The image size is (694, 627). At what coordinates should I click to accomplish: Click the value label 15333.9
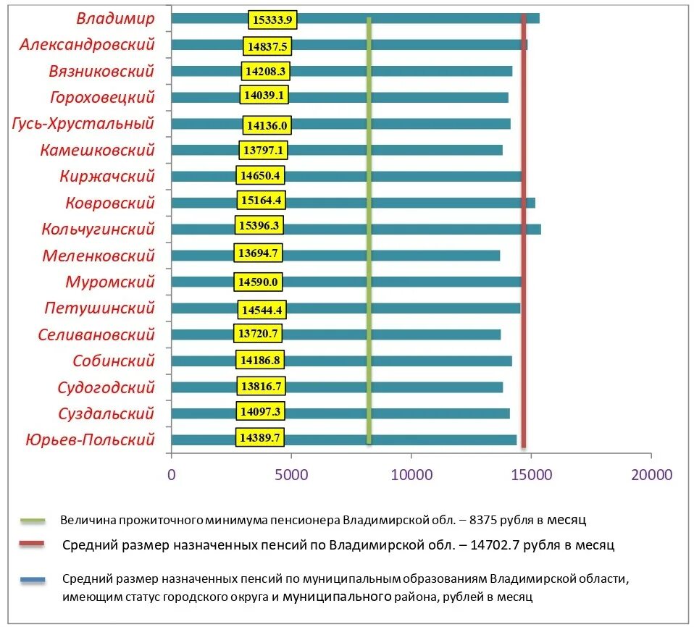272,20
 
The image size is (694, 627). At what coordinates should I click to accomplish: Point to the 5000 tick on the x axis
291,475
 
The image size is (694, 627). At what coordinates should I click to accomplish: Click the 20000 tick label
651,475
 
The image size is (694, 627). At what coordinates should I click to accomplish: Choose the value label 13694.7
258,253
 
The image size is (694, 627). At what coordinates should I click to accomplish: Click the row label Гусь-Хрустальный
83,124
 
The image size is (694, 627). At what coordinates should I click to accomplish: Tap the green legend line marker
33,520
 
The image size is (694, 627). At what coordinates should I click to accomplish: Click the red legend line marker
33,545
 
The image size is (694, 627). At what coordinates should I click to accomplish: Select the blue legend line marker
33,579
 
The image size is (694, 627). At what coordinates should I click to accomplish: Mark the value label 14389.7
260,438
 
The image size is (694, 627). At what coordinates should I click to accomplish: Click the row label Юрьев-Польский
90,439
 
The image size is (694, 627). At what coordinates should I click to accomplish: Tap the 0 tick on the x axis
172,475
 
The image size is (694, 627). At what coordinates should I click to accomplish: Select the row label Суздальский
106,413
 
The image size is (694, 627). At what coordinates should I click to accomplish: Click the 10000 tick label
411,475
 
